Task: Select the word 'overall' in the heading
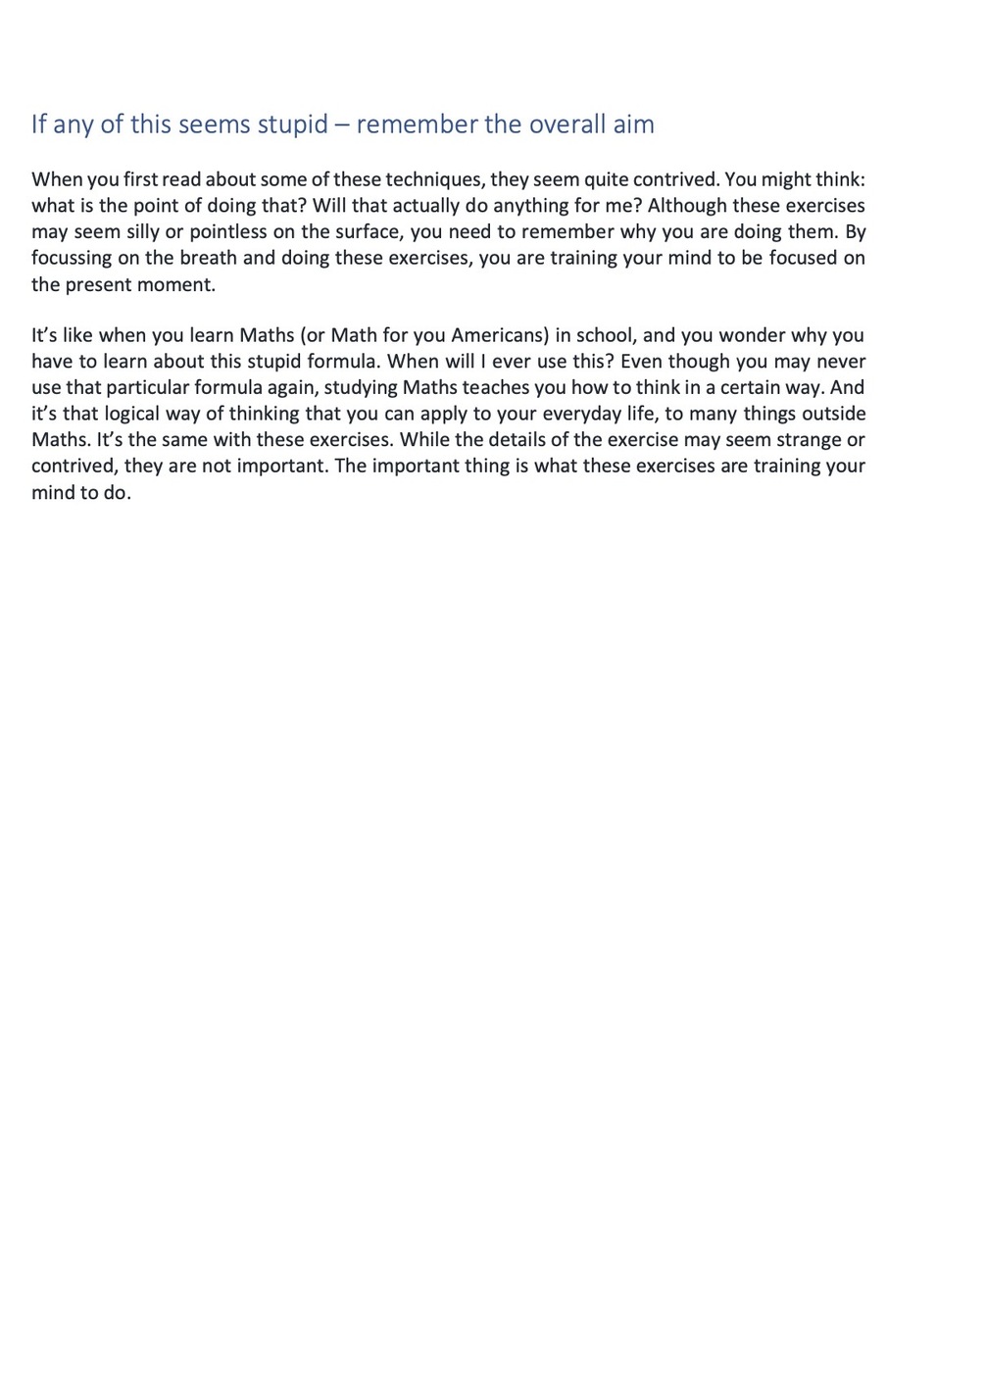point(562,124)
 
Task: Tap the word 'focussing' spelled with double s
point(73,259)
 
